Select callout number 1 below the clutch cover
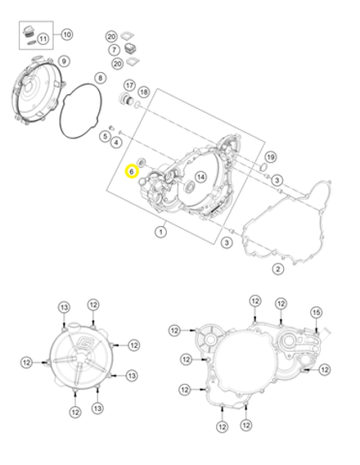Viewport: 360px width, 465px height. click(x=160, y=232)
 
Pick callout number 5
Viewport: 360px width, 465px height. click(x=105, y=135)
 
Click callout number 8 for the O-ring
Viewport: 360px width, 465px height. click(x=101, y=78)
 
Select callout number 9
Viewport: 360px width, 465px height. click(x=63, y=59)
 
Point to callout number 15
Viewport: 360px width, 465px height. click(x=317, y=312)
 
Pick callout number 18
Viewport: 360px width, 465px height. click(x=144, y=92)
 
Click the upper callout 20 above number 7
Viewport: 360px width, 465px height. click(x=112, y=37)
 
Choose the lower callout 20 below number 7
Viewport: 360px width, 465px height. click(x=118, y=64)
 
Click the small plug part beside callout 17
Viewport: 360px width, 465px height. click(x=128, y=101)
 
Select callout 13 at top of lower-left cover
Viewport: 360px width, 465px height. click(x=65, y=307)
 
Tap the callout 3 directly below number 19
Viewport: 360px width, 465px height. click(x=277, y=179)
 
